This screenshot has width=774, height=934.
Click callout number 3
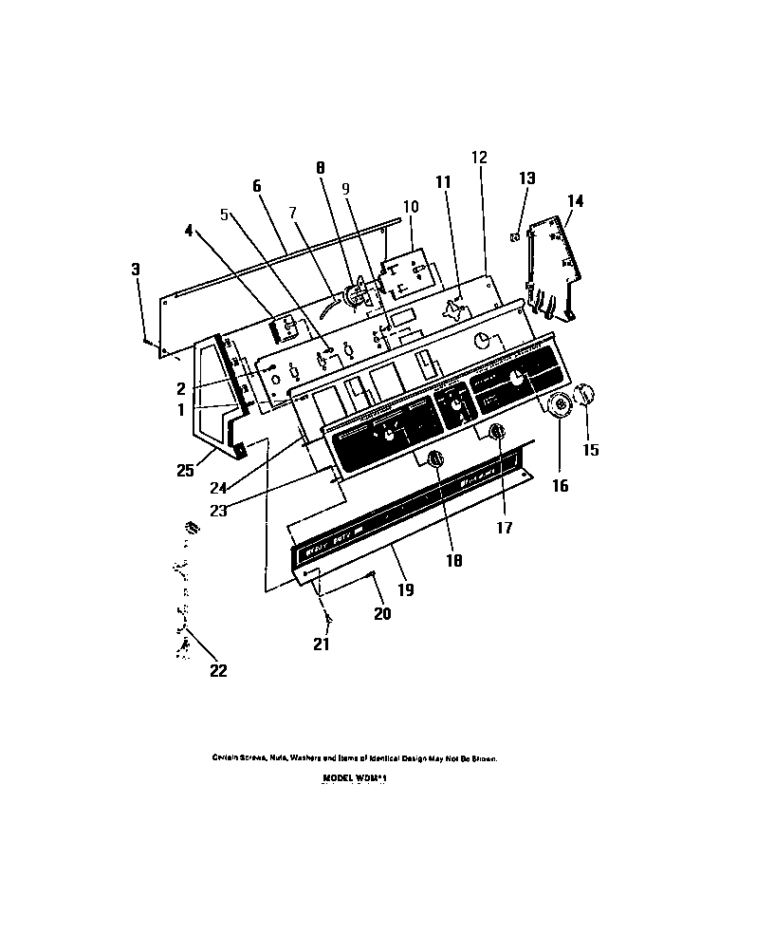pos(136,270)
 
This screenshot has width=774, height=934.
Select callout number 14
pos(576,200)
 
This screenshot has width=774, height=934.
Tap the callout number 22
pos(218,671)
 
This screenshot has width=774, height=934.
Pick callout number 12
pos(478,157)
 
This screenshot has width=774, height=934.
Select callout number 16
pos(559,485)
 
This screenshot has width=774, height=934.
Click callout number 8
pos(321,167)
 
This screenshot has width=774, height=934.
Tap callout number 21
pos(323,644)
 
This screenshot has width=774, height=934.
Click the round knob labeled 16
pos(561,405)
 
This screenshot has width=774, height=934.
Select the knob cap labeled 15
pos(586,393)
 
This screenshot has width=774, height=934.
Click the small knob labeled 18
pos(436,459)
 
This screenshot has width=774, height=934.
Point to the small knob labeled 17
pos(496,433)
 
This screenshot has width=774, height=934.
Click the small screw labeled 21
pos(328,619)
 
